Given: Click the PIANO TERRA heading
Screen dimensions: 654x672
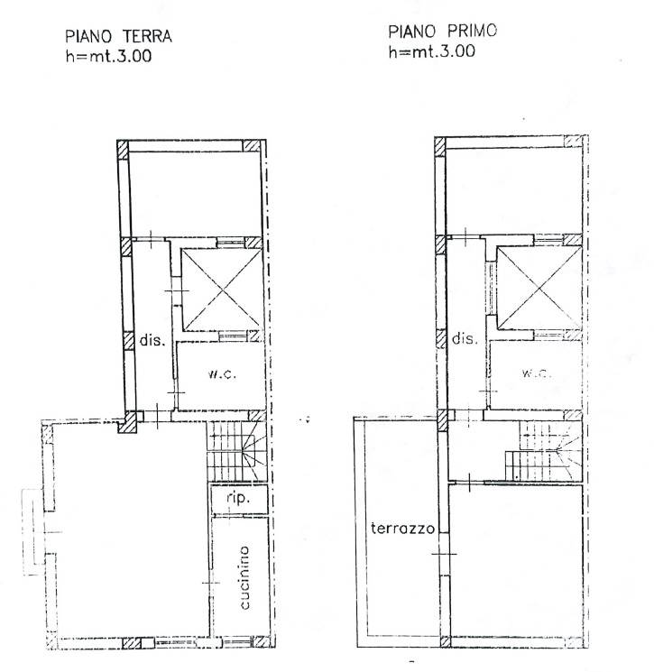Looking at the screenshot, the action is (x=118, y=36).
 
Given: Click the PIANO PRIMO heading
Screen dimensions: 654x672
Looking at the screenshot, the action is (x=442, y=32).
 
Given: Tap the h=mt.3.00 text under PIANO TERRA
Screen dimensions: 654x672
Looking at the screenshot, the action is (x=108, y=56).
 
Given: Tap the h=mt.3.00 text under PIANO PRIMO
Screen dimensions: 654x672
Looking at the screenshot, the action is (x=431, y=51).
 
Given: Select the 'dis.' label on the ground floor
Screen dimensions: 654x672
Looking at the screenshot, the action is (x=152, y=340).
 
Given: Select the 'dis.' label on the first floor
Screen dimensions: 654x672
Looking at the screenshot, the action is (x=465, y=338).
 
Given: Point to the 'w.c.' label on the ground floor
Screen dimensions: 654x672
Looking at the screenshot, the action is (x=222, y=374).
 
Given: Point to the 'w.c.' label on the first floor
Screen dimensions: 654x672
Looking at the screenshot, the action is (x=536, y=373).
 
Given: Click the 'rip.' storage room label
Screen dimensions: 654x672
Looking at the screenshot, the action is (x=238, y=498).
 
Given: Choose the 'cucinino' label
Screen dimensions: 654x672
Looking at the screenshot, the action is (x=244, y=577).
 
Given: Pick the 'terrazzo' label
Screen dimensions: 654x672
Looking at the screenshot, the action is (x=403, y=528).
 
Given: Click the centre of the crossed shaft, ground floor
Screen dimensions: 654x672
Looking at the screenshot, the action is (x=222, y=290).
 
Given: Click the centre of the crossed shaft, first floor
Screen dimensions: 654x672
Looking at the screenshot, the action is (x=539, y=288).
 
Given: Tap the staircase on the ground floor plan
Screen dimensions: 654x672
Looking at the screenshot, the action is (x=237, y=451).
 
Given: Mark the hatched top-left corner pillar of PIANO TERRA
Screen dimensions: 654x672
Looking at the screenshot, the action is (x=123, y=150).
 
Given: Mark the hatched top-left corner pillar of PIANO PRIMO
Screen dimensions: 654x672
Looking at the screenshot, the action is (x=440, y=147).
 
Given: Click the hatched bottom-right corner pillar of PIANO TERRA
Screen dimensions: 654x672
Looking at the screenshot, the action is (x=261, y=641).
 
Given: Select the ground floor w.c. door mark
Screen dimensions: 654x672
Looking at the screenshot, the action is (x=176, y=392).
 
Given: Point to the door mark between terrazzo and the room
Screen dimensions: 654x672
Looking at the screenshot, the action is (x=444, y=554).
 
